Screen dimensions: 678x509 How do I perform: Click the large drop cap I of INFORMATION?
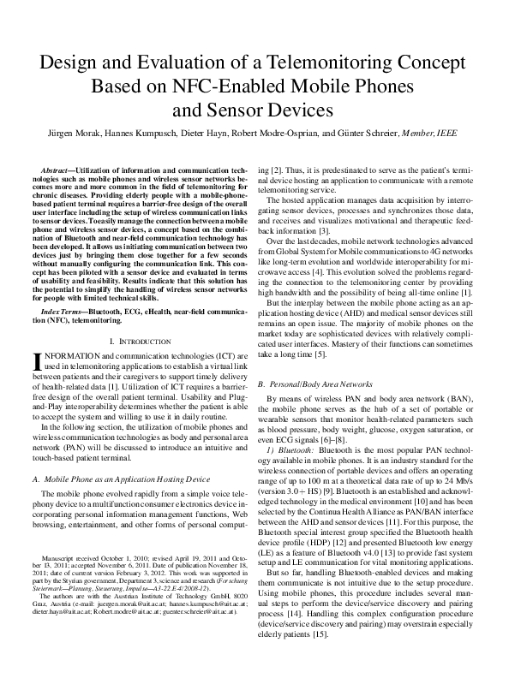click(35, 339)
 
